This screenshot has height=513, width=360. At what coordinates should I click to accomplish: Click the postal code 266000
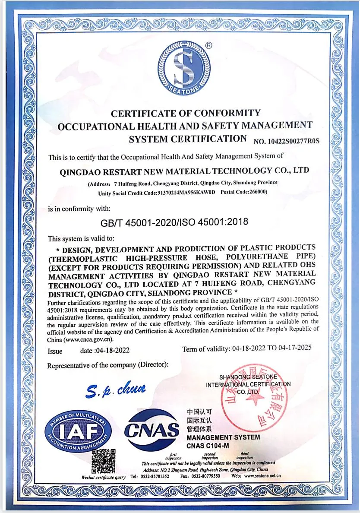pos(257,192)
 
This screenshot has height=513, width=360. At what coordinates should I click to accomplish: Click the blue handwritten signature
pos(115,390)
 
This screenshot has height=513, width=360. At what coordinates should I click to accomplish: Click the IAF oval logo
pos(78,431)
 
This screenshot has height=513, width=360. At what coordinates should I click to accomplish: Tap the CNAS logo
pos(152,429)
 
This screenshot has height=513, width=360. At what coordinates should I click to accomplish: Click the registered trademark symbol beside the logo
pos(208,44)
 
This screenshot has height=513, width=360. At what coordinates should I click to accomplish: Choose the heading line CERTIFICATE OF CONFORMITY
pos(186,114)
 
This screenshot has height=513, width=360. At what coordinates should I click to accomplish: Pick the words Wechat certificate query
pos(104,477)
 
